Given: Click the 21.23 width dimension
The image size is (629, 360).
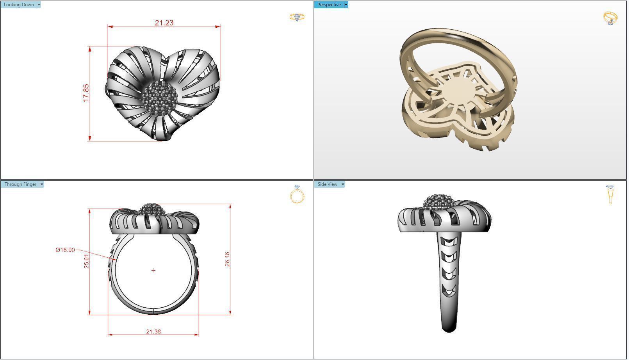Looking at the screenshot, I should click(164, 23).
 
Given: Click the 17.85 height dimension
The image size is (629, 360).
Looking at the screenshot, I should click(86, 93).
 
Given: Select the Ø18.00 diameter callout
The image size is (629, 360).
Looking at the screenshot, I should click(65, 250).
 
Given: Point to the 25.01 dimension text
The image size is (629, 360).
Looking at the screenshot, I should click(86, 260).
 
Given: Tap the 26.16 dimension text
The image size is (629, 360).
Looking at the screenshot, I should click(227, 259).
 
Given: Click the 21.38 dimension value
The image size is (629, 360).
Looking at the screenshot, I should click(153, 331).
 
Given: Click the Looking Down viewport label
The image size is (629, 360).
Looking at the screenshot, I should click(18, 5).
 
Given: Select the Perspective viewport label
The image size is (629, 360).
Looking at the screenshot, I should click(329, 5).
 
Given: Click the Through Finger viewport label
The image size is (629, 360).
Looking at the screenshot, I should click(20, 184).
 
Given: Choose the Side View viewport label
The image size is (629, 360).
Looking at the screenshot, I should click(327, 184).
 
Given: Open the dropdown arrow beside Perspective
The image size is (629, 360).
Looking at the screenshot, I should click(346, 5).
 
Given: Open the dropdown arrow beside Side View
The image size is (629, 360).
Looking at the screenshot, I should click(343, 184).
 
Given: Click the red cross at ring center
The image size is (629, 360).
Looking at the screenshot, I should click(153, 270).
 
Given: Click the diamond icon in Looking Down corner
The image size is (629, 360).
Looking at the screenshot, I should click(297, 17).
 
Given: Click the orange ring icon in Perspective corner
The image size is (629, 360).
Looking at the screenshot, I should click(610, 18).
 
